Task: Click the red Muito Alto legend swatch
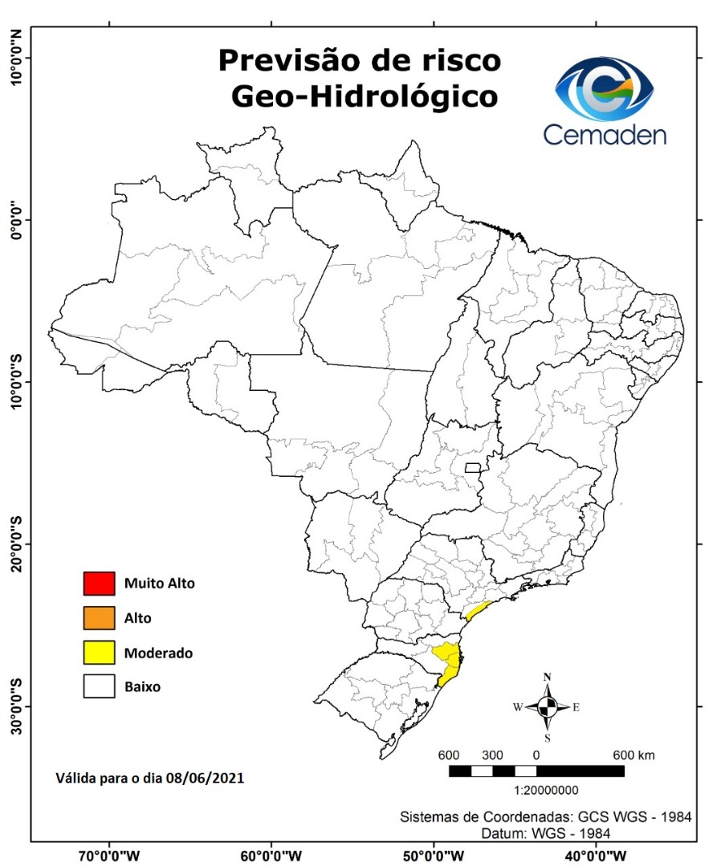click(98, 583)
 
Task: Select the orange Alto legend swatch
click(98, 618)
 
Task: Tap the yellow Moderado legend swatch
click(98, 653)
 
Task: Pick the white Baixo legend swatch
click(98, 687)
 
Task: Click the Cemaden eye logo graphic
click(607, 87)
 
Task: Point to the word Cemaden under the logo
click(605, 134)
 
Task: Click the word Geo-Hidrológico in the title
click(364, 96)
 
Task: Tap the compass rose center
click(547, 707)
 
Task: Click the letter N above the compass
click(547, 677)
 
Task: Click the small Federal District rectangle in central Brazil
click(473, 467)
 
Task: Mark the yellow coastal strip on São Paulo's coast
click(479, 609)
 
